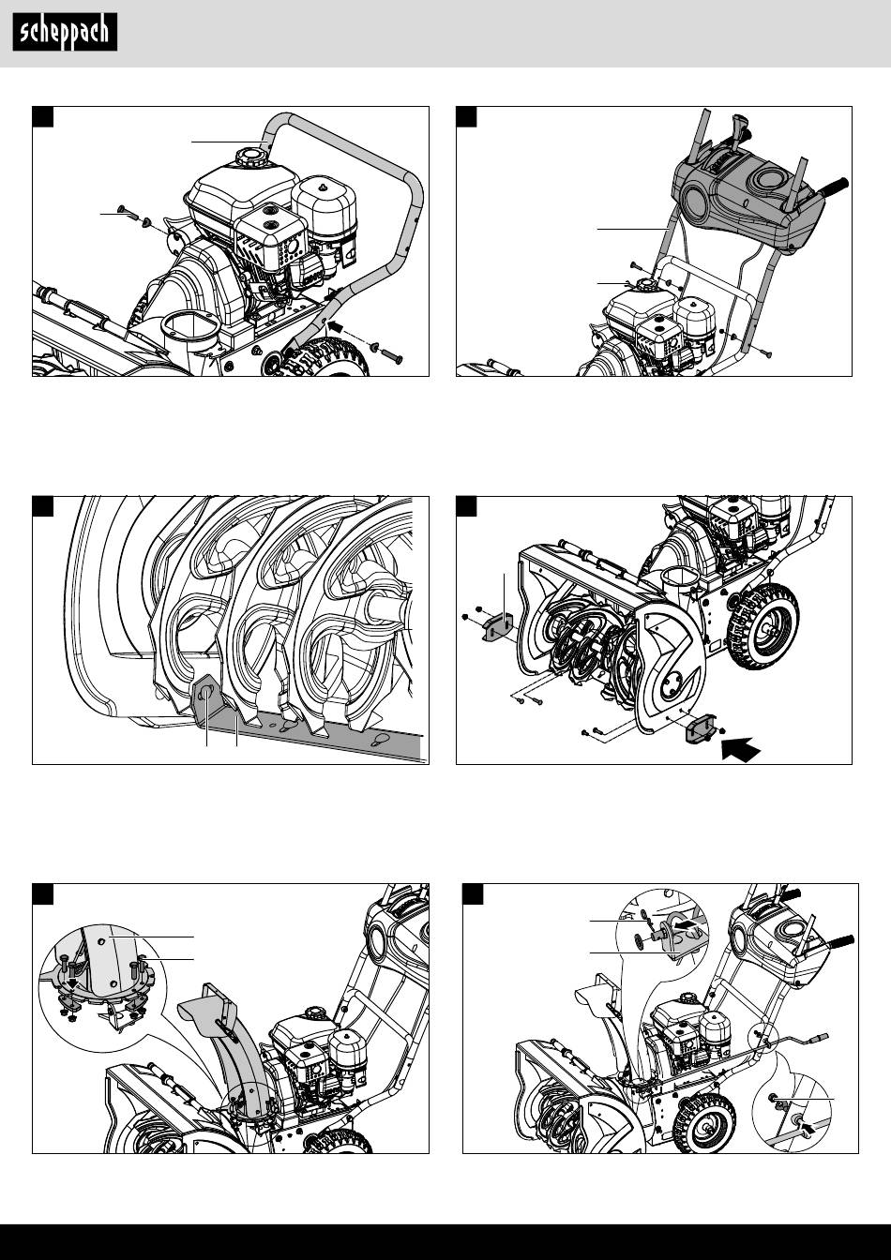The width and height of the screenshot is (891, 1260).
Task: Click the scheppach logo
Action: click(65, 32)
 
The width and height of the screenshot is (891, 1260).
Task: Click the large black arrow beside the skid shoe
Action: click(741, 750)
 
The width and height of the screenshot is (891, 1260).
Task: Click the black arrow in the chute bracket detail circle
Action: click(690, 924)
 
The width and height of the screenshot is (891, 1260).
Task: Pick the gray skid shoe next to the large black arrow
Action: click(699, 728)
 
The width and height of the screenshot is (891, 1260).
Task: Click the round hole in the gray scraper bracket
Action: click(207, 694)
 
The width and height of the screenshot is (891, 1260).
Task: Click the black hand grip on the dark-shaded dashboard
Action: click(835, 187)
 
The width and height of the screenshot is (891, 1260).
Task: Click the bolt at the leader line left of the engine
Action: click(128, 213)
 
